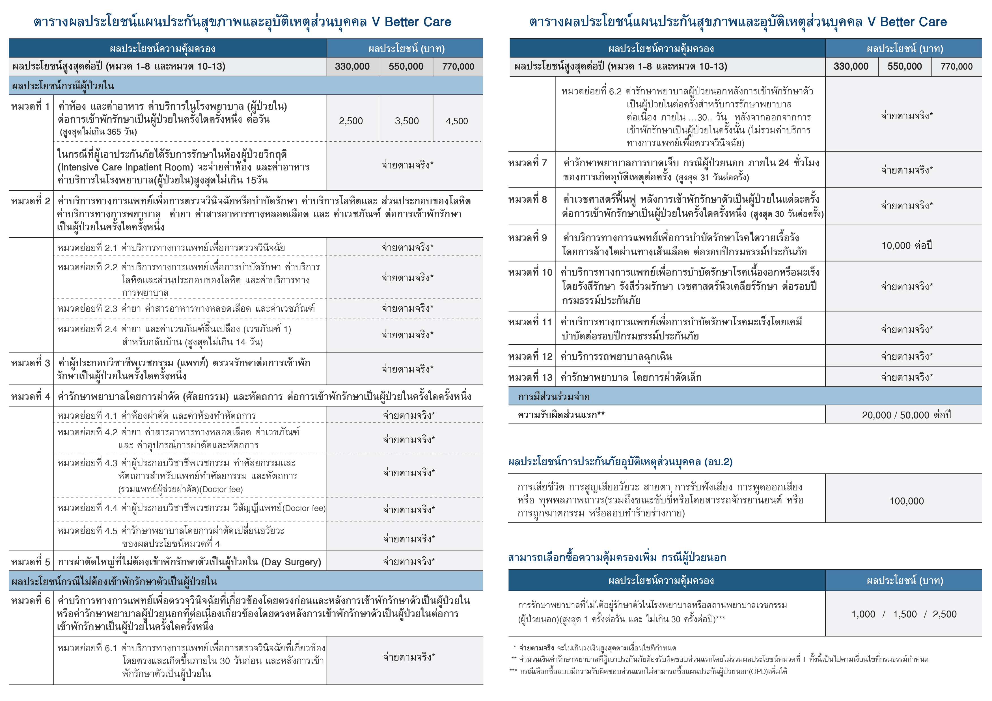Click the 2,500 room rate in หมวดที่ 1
[351, 121]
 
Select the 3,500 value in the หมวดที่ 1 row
[407, 121]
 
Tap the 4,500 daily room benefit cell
[457, 121]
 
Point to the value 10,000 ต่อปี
[907, 245]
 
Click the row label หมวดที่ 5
[31, 562]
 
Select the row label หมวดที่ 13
[530, 377]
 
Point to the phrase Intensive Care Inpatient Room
[125, 167]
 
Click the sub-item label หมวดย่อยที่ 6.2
[592, 91]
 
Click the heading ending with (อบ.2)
[620, 462]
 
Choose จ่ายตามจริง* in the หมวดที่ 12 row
[907, 356]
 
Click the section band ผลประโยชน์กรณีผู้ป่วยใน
[63, 86]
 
